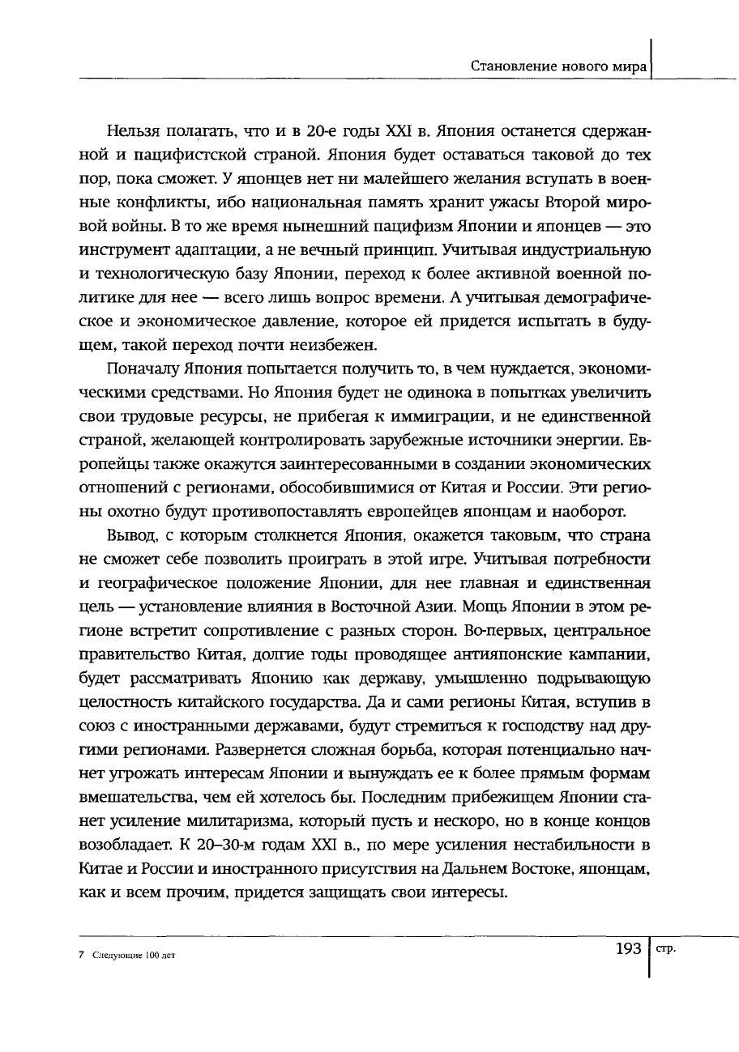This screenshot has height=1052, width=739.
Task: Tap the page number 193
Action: click(x=630, y=948)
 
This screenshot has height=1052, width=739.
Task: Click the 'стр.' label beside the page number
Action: click(x=666, y=948)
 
